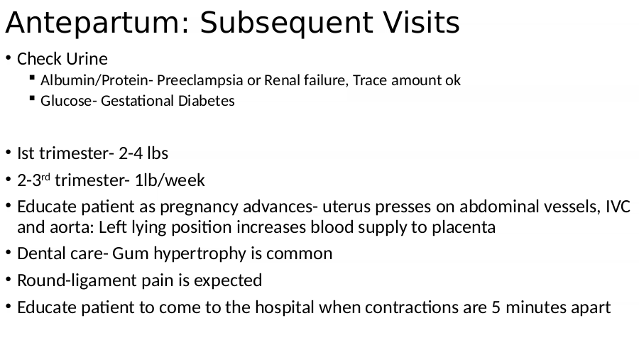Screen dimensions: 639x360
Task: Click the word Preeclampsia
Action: pyautogui.click(x=200, y=80)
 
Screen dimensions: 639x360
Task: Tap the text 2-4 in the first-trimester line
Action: pyautogui.click(x=131, y=153)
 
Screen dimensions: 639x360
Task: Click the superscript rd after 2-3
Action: pyautogui.click(x=45, y=177)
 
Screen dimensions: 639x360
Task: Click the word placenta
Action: pyautogui.click(x=464, y=227)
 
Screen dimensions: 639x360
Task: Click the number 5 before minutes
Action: pyautogui.click(x=496, y=307)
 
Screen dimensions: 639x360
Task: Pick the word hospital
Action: pyautogui.click(x=285, y=307)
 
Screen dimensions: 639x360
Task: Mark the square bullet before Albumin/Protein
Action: pyautogui.click(x=32, y=77)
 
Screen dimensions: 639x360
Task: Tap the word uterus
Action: pyautogui.click(x=346, y=207)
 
